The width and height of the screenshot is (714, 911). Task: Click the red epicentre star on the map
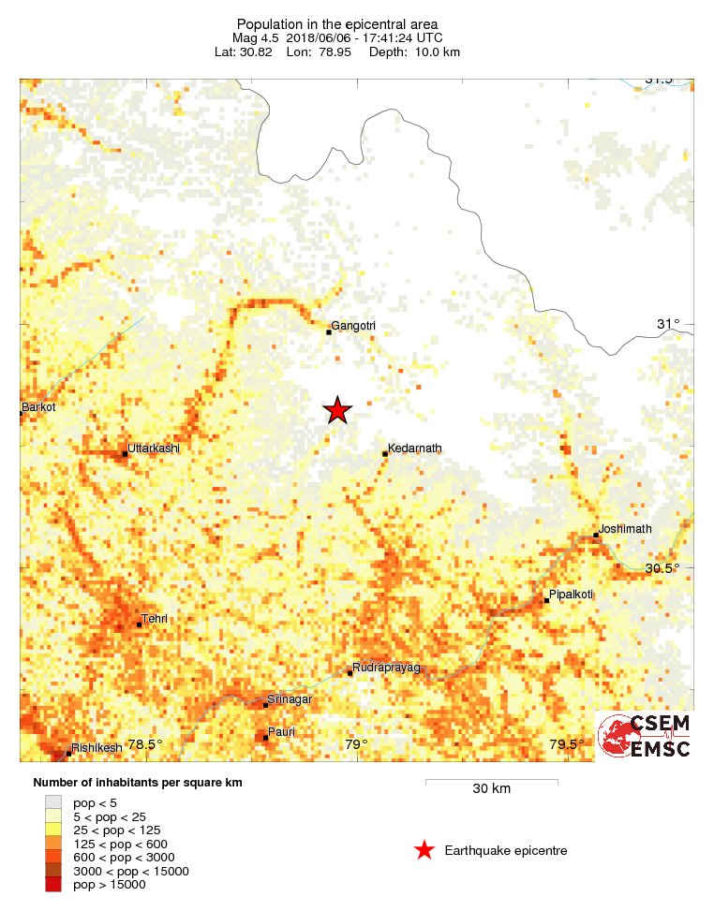pos(337,410)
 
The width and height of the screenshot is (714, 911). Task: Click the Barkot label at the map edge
pos(38,407)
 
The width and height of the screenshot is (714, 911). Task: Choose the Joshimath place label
pos(625,529)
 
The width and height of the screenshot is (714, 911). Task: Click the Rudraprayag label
pos(386,667)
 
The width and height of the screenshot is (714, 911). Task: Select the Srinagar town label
pos(290,699)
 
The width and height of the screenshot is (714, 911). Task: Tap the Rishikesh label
pos(97,748)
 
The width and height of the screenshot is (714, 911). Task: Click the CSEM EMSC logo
pos(645,736)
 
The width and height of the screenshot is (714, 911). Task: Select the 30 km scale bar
pos(491,780)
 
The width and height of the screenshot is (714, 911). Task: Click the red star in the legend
pos(424,850)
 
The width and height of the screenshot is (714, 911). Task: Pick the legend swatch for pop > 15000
pos(53,885)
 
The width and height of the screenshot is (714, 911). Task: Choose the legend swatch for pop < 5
pos(53,802)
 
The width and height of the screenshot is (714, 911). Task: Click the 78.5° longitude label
pos(145,744)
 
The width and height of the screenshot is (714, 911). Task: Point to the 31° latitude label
pos(667,324)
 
